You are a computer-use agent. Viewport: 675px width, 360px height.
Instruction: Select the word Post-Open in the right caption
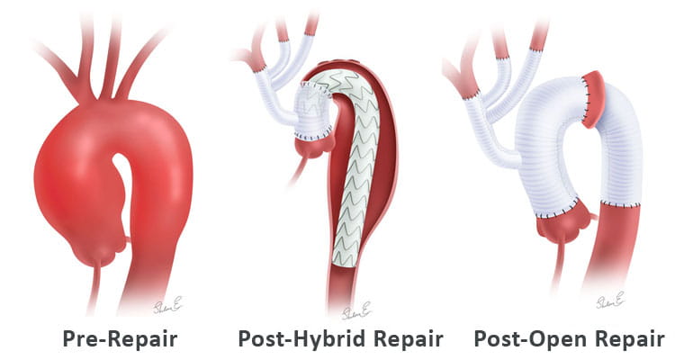(517, 340)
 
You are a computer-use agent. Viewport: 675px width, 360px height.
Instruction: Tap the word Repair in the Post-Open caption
(620, 340)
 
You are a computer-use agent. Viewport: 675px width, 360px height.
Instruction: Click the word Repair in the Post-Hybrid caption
(400, 340)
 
